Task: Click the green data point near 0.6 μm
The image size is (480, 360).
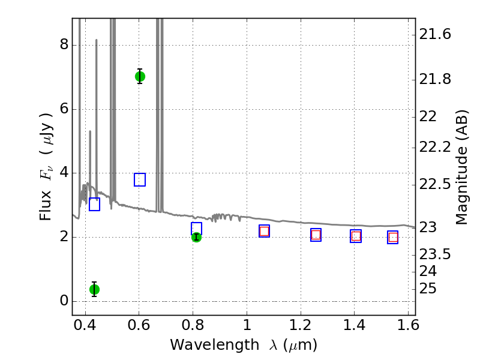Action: (x=140, y=77)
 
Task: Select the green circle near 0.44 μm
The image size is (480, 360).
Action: (x=94, y=289)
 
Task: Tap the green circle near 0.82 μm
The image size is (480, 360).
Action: (x=196, y=237)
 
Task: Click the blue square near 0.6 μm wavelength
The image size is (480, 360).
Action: (x=140, y=179)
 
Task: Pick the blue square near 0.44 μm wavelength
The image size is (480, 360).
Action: (x=94, y=204)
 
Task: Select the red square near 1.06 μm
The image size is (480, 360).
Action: (x=264, y=231)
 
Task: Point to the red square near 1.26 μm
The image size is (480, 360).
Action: (x=316, y=235)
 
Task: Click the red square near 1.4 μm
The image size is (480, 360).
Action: (x=356, y=236)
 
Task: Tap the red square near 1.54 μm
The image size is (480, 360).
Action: (x=393, y=237)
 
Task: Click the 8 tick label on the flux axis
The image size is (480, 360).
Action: (x=64, y=44)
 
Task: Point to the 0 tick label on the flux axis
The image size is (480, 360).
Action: (x=64, y=301)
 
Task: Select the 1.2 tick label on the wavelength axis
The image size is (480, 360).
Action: (x=301, y=325)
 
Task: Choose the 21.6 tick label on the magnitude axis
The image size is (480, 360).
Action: (x=434, y=34)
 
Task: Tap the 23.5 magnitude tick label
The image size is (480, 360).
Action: (x=434, y=254)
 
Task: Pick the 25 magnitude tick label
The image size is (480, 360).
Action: (x=428, y=289)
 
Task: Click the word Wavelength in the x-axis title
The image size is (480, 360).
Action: (x=215, y=345)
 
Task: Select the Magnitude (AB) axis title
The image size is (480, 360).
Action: (x=461, y=167)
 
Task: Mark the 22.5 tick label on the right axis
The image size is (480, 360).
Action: (x=434, y=184)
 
